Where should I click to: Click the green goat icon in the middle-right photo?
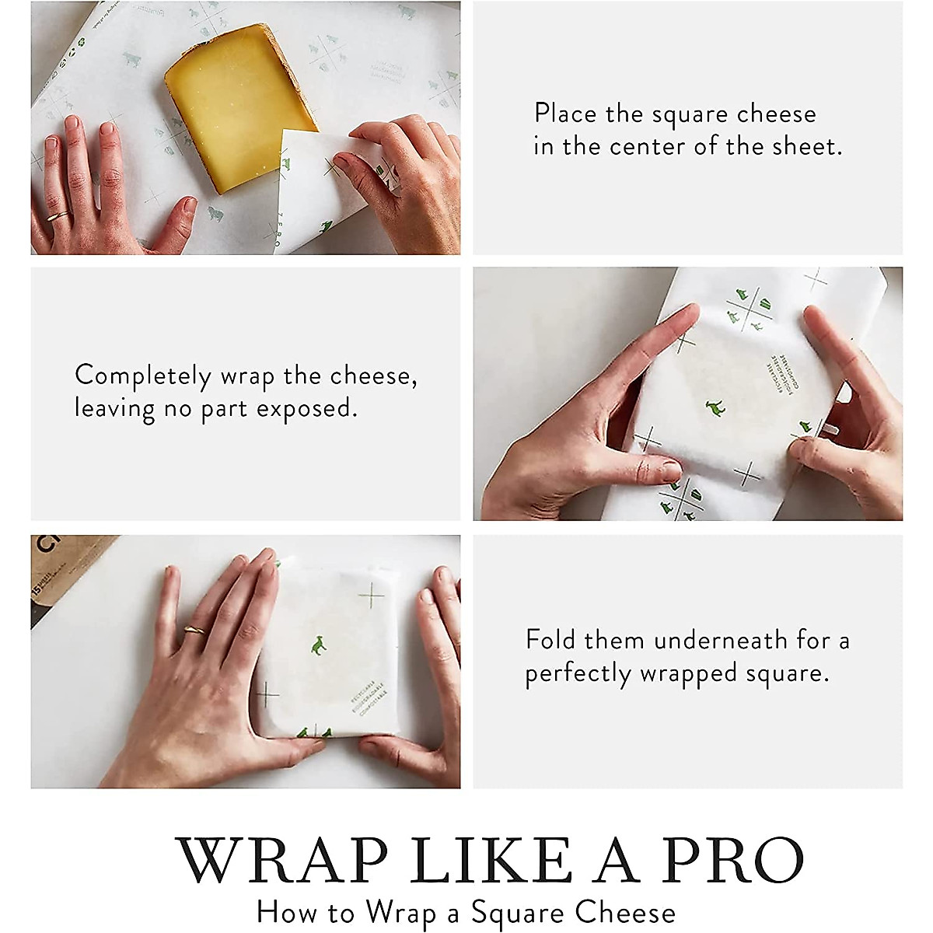click(711, 407)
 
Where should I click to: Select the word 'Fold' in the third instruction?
click(550, 641)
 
